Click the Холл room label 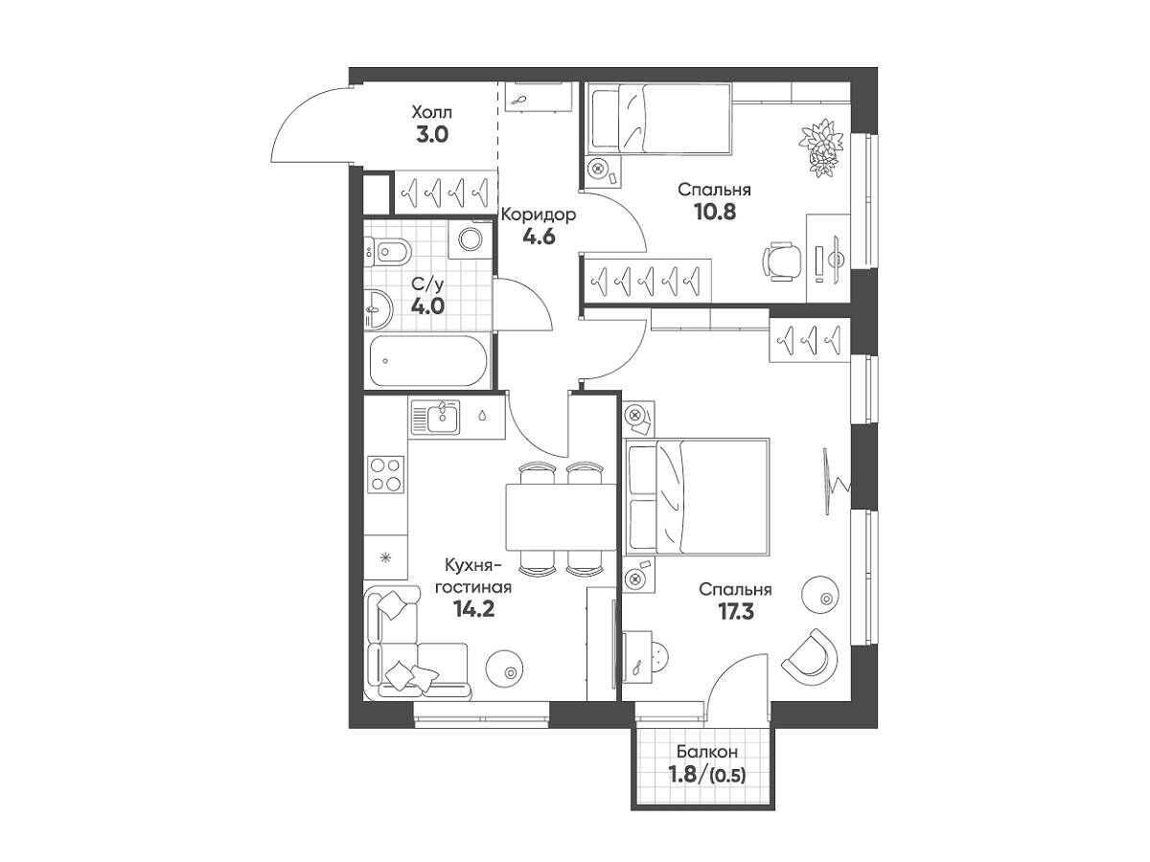[431, 112]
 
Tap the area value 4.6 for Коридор [539, 238]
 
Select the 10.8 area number [715, 212]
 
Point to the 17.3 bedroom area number [736, 612]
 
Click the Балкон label [706, 753]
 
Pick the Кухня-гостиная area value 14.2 [474, 609]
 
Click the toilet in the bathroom [388, 253]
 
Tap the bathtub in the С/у [428, 361]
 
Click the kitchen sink [435, 417]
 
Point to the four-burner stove [386, 475]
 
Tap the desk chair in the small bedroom [782, 261]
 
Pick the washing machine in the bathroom [471, 239]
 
